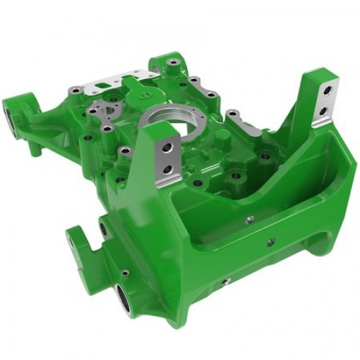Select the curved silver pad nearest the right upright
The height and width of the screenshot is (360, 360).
[248, 126]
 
